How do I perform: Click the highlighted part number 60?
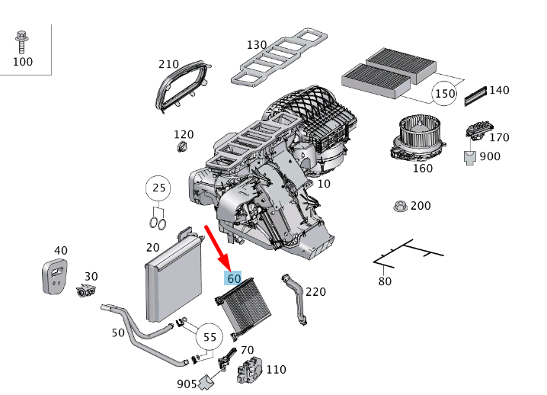coord(234,279)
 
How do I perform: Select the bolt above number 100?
coord(22,38)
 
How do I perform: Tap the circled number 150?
coord(444,94)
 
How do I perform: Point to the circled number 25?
coord(158,188)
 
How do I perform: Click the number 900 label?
coord(490,156)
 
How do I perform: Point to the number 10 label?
coord(325,184)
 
